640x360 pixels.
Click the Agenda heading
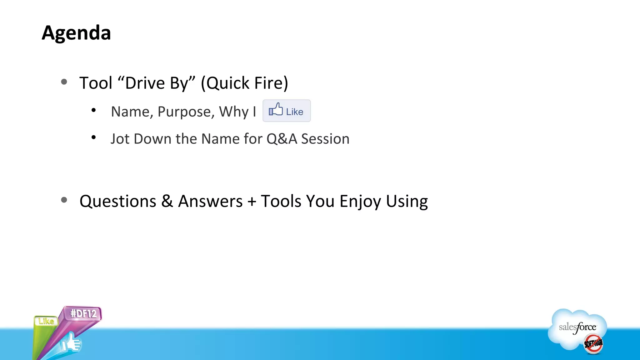[76, 33]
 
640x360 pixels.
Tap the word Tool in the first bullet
[96, 83]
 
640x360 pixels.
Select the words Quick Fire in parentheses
[244, 83]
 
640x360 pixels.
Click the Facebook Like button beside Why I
[287, 111]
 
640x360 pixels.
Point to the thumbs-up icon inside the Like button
[276, 110]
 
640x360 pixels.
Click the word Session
[325, 139]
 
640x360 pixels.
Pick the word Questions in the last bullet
[118, 201]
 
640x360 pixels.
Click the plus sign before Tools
[252, 202]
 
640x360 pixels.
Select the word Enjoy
[360, 202]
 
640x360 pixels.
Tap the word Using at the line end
[407, 202]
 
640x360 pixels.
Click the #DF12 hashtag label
[83, 313]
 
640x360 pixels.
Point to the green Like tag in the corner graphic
[46, 321]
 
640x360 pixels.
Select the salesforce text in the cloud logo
[577, 327]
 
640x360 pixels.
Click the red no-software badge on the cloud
[593, 344]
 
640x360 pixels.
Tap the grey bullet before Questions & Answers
[64, 200]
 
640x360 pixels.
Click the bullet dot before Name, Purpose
[93, 110]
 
